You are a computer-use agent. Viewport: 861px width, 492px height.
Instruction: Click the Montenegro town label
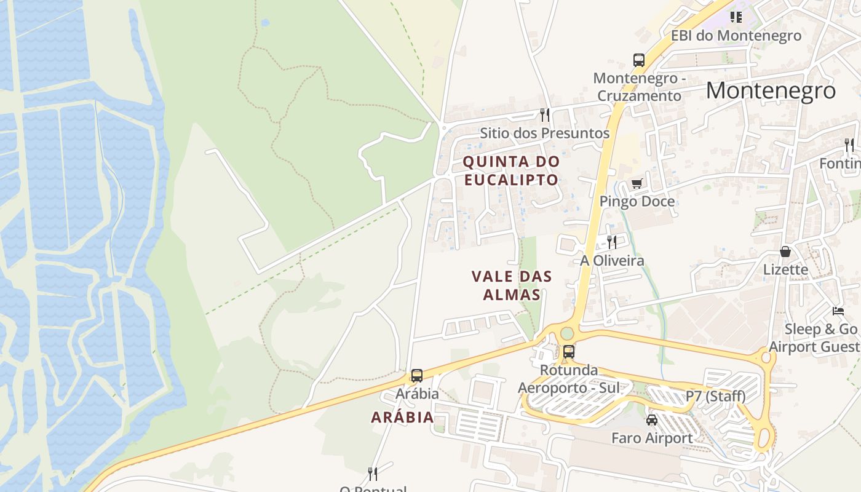point(771,90)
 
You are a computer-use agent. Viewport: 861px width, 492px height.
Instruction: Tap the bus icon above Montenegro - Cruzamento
point(639,60)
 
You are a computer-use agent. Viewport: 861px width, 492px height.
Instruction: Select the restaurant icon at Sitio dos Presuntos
point(544,114)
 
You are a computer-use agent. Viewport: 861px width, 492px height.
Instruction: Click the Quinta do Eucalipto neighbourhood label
point(511,170)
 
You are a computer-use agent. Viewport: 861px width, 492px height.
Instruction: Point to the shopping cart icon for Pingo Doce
point(637,183)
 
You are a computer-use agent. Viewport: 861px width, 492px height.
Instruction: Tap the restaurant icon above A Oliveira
point(611,242)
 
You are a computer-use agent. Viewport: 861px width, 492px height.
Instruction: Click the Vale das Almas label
point(512,285)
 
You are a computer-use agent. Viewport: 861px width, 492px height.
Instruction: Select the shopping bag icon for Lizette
point(785,251)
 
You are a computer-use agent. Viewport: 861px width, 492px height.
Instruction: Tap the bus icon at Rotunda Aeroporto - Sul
point(569,352)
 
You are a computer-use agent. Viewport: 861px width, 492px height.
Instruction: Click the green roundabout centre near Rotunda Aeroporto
point(567,333)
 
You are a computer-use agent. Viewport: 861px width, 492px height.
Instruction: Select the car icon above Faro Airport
point(651,420)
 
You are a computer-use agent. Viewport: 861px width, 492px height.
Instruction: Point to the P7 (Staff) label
point(715,396)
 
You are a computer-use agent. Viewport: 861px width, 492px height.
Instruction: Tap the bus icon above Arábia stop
point(417,375)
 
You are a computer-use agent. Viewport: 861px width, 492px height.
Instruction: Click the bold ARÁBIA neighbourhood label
point(402,417)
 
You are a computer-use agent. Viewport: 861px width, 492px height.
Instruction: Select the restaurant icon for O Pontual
point(372,474)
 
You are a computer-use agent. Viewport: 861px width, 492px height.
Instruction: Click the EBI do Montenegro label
point(736,36)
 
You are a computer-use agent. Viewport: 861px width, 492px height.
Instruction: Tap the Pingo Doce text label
point(637,201)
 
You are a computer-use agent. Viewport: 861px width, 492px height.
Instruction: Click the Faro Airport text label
point(651,438)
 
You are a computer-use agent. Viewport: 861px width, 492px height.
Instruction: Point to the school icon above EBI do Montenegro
point(736,17)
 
